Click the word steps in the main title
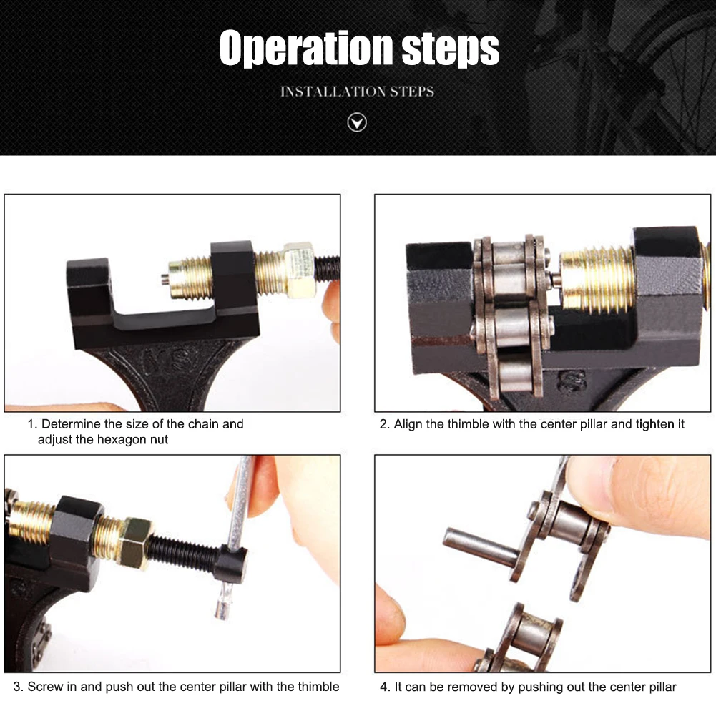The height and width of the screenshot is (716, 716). [450, 49]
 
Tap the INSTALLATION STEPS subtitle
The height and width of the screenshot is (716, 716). [357, 92]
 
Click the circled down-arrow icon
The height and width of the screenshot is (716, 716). [357, 122]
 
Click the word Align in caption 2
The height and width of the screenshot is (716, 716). [408, 425]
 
